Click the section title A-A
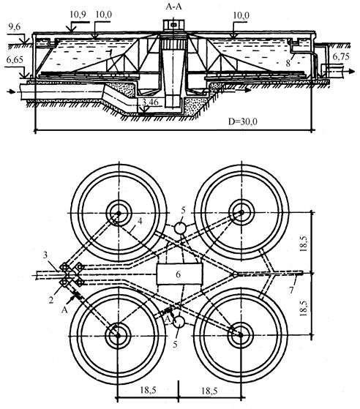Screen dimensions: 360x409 [173, 7]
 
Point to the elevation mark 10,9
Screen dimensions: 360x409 [78, 15]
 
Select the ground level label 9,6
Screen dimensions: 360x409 [15, 27]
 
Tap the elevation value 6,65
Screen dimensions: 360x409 [15, 60]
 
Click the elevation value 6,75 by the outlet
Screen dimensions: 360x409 [341, 56]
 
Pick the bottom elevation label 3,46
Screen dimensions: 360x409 [150, 102]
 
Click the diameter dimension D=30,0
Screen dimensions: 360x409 [243, 121]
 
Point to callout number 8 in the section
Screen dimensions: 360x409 [288, 63]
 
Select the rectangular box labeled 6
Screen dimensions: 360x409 [179, 274]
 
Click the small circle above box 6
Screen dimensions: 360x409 [180, 228]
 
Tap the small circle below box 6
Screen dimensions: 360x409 [179, 322]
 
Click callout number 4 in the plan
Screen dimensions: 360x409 [140, 221]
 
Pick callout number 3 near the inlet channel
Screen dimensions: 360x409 [45, 255]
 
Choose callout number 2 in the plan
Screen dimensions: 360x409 [51, 300]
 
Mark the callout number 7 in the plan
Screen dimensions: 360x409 [292, 290]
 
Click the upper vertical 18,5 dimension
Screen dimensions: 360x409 [304, 243]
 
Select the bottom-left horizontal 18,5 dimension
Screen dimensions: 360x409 [149, 390]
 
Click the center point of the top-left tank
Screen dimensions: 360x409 [119, 213]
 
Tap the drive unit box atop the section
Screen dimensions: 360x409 [173, 25]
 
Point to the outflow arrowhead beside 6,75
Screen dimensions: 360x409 [352, 71]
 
